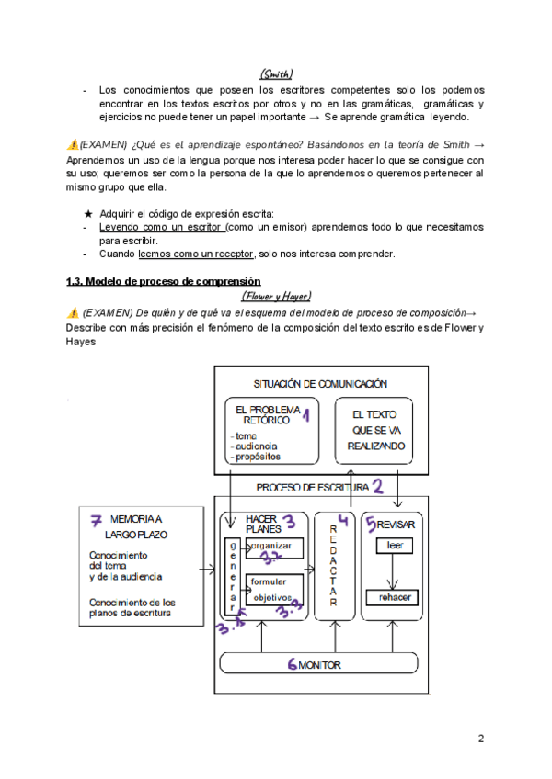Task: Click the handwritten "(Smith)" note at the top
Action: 275,73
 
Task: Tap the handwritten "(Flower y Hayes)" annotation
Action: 276,296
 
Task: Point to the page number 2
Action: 481,739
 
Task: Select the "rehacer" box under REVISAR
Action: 395,598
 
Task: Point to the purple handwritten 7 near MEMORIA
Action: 96,520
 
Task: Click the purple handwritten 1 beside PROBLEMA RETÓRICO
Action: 305,416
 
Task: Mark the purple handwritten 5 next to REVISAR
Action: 370,525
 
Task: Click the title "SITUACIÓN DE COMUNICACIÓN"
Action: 319,383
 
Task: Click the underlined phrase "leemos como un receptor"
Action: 195,254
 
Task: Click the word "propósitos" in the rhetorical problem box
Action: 259,456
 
